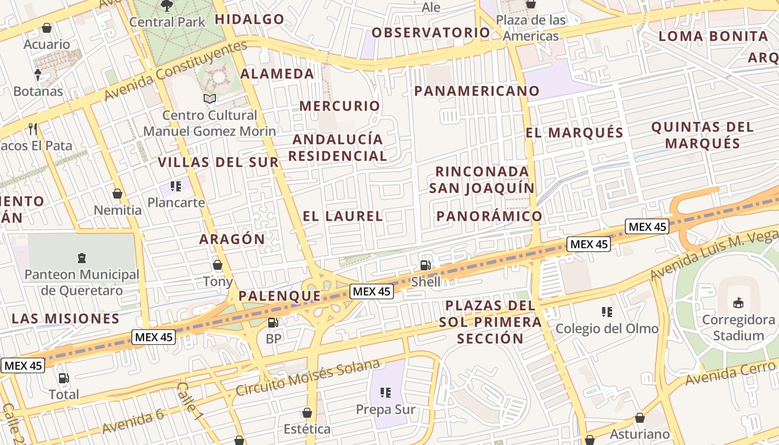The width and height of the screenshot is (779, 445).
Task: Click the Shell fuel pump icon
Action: (425, 265)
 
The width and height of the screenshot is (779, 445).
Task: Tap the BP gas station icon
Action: (273, 323)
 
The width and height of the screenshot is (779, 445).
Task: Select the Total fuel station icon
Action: (64, 378)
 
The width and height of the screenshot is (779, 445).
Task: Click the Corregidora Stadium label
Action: (738, 328)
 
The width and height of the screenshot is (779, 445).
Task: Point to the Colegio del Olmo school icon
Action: (607, 312)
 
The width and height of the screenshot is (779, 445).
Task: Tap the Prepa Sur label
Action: (386, 410)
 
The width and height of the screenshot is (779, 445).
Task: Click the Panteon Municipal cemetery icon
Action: (82, 258)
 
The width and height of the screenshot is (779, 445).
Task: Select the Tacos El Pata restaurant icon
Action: (33, 129)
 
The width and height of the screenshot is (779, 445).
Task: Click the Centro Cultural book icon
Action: (210, 98)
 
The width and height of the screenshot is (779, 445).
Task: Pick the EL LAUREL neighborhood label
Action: (343, 216)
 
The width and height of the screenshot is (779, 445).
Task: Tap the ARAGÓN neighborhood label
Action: (233, 239)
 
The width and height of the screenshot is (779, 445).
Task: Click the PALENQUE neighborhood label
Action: (280, 296)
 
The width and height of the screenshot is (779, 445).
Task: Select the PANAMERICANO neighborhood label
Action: (477, 91)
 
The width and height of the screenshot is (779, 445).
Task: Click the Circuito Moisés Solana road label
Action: (308, 378)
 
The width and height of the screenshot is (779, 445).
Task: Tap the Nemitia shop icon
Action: (117, 194)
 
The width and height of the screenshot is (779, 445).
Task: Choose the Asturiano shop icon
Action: (640, 418)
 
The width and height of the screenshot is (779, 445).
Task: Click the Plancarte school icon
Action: (176, 186)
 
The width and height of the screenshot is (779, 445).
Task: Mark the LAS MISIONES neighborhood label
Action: (66, 319)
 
